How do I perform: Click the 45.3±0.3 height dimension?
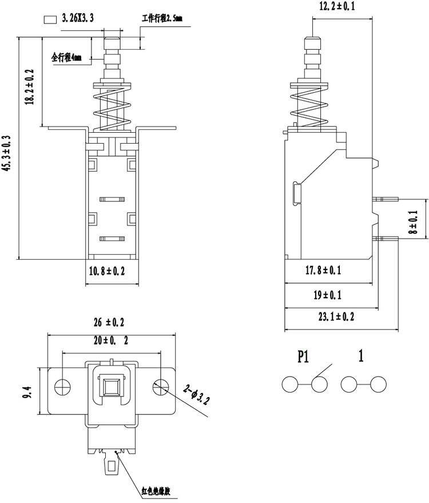tap(7, 153)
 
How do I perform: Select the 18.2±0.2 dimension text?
tap(30, 86)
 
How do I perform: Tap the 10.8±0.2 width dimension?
tap(107, 271)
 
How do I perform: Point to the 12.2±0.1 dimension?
tap(337, 6)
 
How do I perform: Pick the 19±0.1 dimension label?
tap(327, 295)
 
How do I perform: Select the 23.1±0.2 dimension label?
tap(336, 317)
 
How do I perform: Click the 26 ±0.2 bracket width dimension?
tap(109, 322)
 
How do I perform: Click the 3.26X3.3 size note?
tap(78, 18)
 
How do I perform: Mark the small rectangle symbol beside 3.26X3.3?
tap(50, 19)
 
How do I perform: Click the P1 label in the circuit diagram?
tap(303, 356)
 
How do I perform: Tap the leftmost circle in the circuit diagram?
tap(290, 384)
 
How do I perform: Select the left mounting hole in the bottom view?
tap(62, 387)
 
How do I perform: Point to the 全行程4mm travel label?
tap(66, 58)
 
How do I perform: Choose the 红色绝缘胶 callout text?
tap(156, 491)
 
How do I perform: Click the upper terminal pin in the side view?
tap(385, 199)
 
